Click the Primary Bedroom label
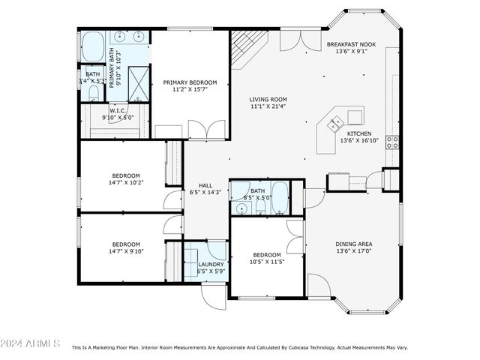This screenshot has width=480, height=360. point(190,82)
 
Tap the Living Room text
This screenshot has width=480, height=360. point(268,99)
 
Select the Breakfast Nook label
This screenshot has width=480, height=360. point(351,45)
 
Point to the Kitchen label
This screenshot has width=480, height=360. point(355,133)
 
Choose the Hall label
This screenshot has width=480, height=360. point(206,186)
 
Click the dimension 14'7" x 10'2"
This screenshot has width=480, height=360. point(126,182)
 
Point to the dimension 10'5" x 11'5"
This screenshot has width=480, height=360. point(266,262)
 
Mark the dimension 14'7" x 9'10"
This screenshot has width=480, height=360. point(126,252)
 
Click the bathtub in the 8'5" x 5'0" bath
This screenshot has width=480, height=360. point(280,198)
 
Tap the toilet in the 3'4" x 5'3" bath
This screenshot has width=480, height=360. point(93,92)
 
